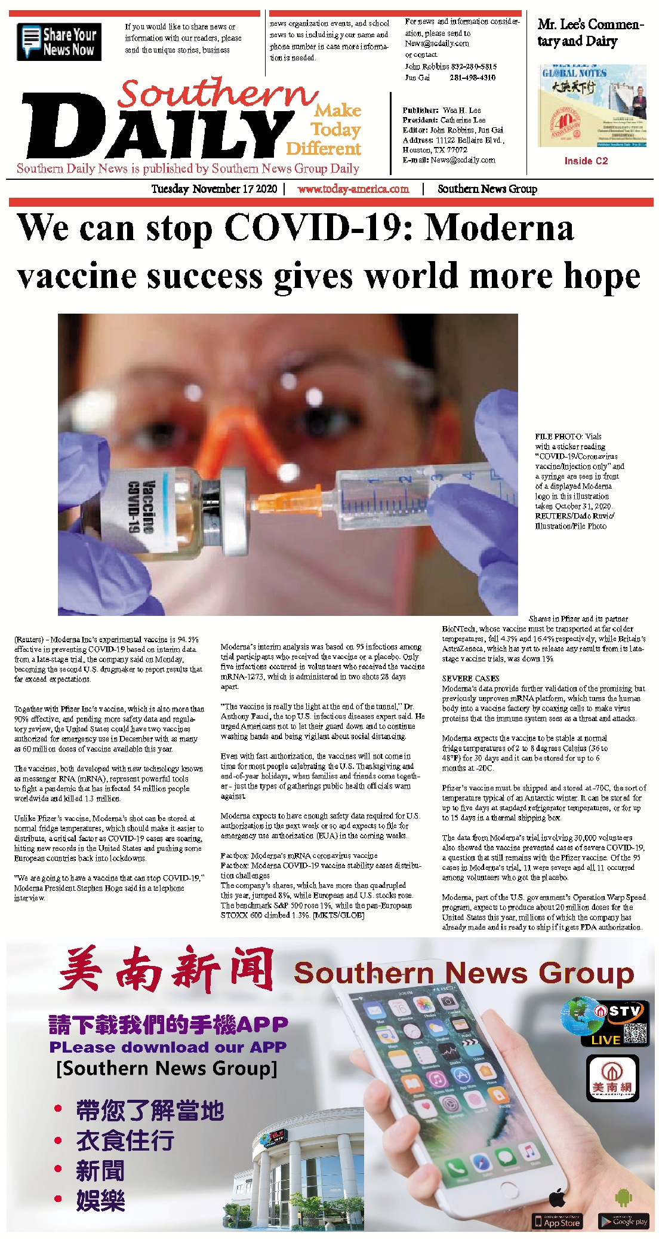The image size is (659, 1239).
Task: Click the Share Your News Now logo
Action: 58,42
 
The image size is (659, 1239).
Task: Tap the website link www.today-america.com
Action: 353,189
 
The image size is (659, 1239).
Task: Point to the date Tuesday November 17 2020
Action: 214,189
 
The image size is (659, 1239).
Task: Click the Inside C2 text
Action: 586,161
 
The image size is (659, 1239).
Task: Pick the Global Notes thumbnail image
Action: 592,105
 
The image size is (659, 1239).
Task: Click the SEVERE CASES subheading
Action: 470,679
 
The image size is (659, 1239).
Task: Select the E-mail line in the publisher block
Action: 448,160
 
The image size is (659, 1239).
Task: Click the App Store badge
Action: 557,1221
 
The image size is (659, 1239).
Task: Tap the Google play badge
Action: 623,1221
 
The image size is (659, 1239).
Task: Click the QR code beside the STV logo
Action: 635,1033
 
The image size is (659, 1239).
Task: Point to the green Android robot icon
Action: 623,1197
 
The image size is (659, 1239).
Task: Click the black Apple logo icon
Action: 557,1197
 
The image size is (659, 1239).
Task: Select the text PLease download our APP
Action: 168,1047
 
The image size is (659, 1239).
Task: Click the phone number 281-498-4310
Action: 472,78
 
